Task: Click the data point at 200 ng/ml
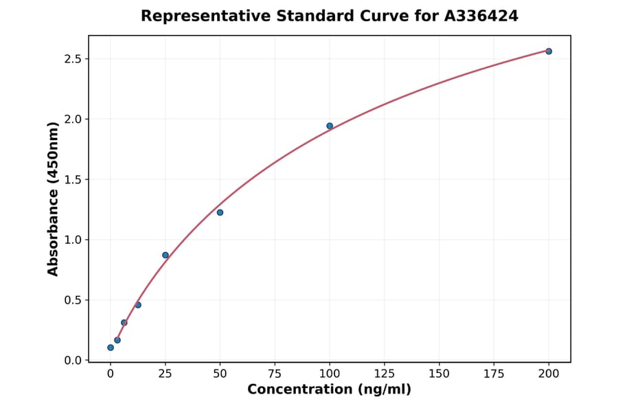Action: point(549,52)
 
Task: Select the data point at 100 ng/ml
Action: point(330,126)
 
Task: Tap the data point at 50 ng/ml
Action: point(220,212)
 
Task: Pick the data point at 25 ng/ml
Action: point(165,255)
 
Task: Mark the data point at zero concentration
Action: point(111,348)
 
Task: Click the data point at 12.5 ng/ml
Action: point(138,305)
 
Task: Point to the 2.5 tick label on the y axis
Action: point(72,59)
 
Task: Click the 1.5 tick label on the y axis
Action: point(72,180)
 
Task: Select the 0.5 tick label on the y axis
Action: point(72,300)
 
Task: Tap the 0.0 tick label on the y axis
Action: point(72,361)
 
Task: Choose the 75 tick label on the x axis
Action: point(275,374)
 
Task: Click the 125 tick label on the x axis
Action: point(385,374)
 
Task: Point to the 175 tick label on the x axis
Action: point(494,374)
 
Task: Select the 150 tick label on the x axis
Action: point(439,374)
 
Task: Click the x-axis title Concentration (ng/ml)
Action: point(330,390)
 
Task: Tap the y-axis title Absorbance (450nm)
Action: point(54,199)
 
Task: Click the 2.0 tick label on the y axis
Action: point(72,120)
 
